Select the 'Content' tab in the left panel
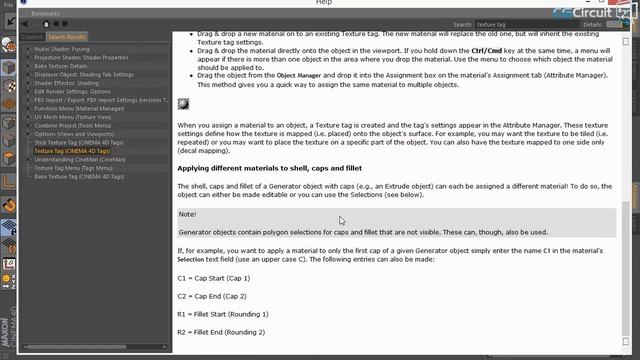32,36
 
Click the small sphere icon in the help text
184,104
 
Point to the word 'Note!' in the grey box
188,214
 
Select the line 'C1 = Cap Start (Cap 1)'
213,277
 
